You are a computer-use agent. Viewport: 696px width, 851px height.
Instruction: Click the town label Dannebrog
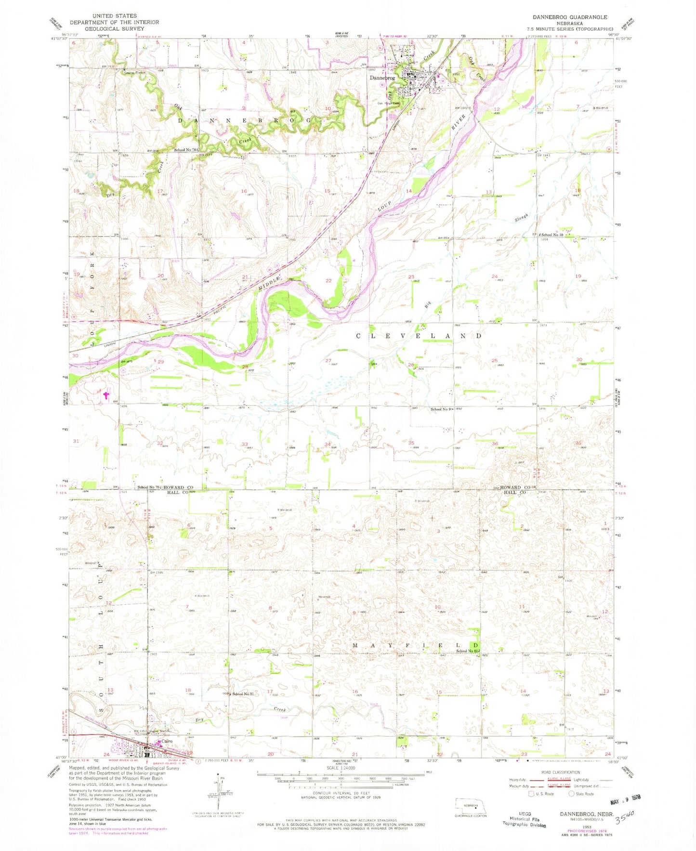pos(382,78)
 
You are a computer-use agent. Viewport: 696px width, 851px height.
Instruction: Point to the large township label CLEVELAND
pos(419,336)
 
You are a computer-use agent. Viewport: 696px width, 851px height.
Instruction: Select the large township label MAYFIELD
pos(415,645)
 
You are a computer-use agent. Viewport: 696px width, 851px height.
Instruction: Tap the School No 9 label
pos(442,409)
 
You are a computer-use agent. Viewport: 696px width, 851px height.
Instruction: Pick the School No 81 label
pos(243,694)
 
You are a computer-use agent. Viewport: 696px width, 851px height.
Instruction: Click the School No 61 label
pos(468,652)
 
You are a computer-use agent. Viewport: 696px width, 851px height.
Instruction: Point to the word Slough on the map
pos(522,218)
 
